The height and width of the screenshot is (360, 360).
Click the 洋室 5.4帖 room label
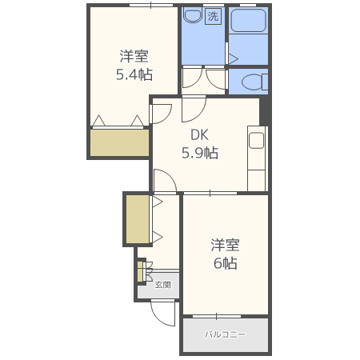click(x=134, y=66)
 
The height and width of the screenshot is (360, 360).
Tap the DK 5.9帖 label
click(x=200, y=144)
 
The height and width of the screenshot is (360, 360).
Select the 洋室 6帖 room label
click(x=225, y=254)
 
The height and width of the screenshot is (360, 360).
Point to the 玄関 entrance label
click(x=162, y=285)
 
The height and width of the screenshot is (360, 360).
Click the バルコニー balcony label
click(x=225, y=334)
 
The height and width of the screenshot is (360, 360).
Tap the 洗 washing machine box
click(x=213, y=17)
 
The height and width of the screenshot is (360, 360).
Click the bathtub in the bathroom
click(x=248, y=20)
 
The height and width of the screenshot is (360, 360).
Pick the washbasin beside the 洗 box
click(x=193, y=16)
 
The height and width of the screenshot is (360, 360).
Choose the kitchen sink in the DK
click(x=256, y=140)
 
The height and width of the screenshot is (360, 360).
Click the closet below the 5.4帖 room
click(x=119, y=142)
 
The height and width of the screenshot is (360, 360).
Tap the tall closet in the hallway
click(x=138, y=219)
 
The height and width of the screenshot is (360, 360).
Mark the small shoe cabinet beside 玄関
click(x=140, y=271)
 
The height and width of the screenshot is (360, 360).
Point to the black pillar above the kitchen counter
click(x=264, y=110)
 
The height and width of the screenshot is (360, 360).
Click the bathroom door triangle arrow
click(x=233, y=59)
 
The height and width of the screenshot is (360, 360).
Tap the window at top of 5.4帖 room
click(x=151, y=5)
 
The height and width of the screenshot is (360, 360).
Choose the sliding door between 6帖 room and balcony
click(x=217, y=316)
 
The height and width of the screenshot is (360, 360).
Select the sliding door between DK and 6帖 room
click(x=210, y=193)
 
